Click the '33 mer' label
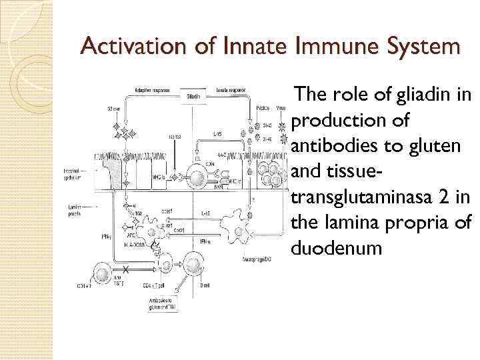[114, 109]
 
